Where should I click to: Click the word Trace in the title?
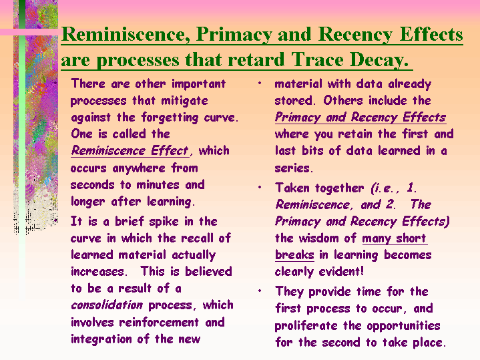point(317,59)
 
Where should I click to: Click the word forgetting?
point(170,118)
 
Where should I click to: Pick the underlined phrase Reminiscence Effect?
point(130,151)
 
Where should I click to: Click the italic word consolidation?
point(107,305)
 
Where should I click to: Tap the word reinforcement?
point(159,322)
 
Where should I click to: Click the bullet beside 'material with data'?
point(260,83)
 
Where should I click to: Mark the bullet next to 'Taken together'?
point(260,187)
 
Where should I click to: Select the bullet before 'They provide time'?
point(260,291)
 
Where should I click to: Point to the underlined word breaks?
point(294,255)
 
